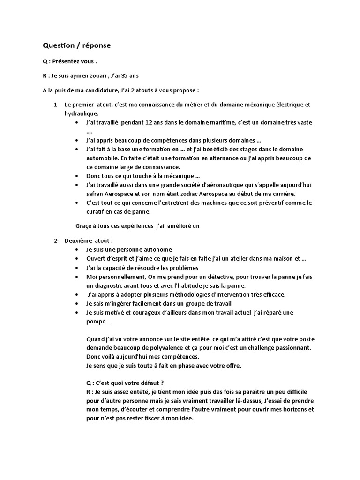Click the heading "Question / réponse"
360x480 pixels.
(77, 45)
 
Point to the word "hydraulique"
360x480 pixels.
(81, 113)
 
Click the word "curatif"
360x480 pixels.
(97, 212)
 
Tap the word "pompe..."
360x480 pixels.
(98, 322)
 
